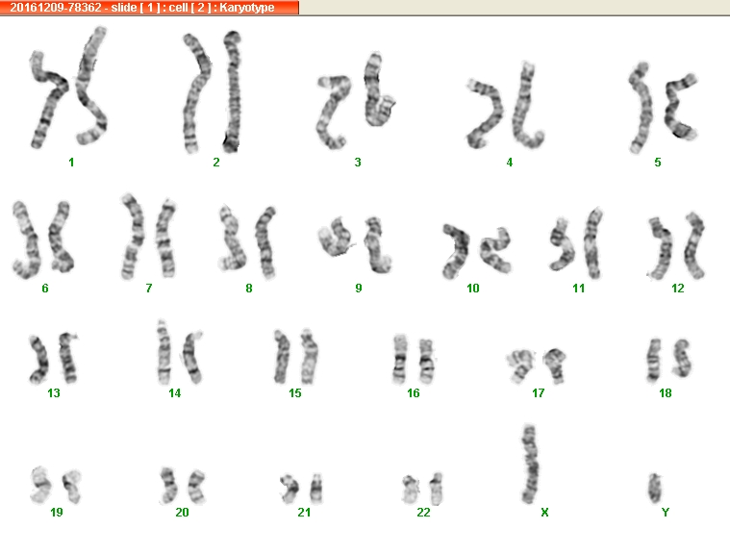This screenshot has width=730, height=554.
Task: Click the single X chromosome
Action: tap(530, 465)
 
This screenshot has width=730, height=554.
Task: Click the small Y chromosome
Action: tap(655, 488)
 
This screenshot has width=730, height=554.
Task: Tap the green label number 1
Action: tap(71, 162)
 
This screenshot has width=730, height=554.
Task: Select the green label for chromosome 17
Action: tap(539, 393)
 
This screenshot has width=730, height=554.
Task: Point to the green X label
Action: tap(544, 513)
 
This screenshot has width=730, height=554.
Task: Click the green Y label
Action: tap(666, 513)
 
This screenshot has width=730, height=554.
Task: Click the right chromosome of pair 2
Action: tap(233, 91)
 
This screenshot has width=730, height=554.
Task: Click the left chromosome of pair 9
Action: tap(335, 237)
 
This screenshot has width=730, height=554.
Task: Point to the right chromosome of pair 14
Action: tap(192, 357)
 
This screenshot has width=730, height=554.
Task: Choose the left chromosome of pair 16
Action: tap(399, 359)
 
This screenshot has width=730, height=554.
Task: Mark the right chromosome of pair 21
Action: tap(316, 489)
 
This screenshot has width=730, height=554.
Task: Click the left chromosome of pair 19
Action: tap(40, 485)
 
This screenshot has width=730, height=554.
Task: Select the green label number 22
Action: tap(423, 513)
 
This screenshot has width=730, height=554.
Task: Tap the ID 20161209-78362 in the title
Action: tap(56, 8)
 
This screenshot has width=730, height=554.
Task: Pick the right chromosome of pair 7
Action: tap(165, 239)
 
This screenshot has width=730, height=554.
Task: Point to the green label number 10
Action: tap(472, 289)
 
